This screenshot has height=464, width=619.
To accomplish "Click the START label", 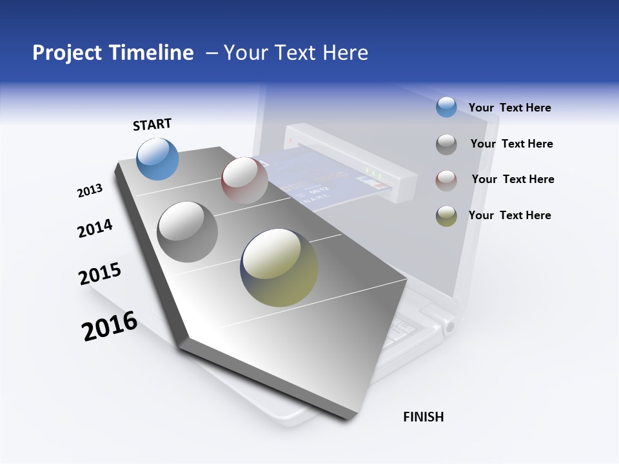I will [x=152, y=124].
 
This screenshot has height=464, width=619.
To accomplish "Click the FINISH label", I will [x=423, y=417].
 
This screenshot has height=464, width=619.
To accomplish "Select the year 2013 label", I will [x=90, y=191].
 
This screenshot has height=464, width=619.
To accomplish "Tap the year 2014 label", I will [x=95, y=228].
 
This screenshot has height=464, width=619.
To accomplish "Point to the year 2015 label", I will [x=100, y=273].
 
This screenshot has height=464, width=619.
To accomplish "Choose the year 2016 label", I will [x=110, y=326].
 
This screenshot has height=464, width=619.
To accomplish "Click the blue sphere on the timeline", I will [x=157, y=159].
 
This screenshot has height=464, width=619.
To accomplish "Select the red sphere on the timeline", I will [x=244, y=180].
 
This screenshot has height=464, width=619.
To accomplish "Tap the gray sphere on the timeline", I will [x=187, y=231].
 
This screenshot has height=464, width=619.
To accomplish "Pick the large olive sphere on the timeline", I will [x=279, y=267].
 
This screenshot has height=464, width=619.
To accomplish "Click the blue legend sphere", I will [x=446, y=107].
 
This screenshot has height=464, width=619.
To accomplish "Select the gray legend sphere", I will [x=446, y=144].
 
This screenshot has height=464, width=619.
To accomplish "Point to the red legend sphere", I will [x=446, y=180].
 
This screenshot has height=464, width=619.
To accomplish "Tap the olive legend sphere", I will [x=446, y=216].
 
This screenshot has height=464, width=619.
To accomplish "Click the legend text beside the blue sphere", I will [x=509, y=108].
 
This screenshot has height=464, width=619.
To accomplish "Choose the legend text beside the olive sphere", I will [x=509, y=215].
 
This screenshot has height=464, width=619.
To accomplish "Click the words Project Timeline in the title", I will [x=113, y=53].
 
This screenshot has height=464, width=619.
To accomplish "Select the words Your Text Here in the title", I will [x=295, y=53].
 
